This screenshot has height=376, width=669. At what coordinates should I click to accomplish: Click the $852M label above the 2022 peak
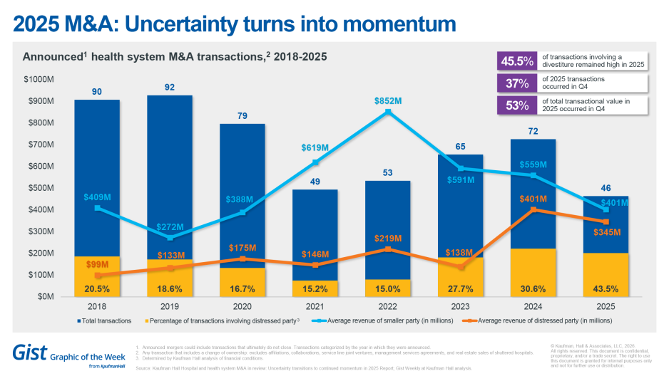click(x=388, y=101)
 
